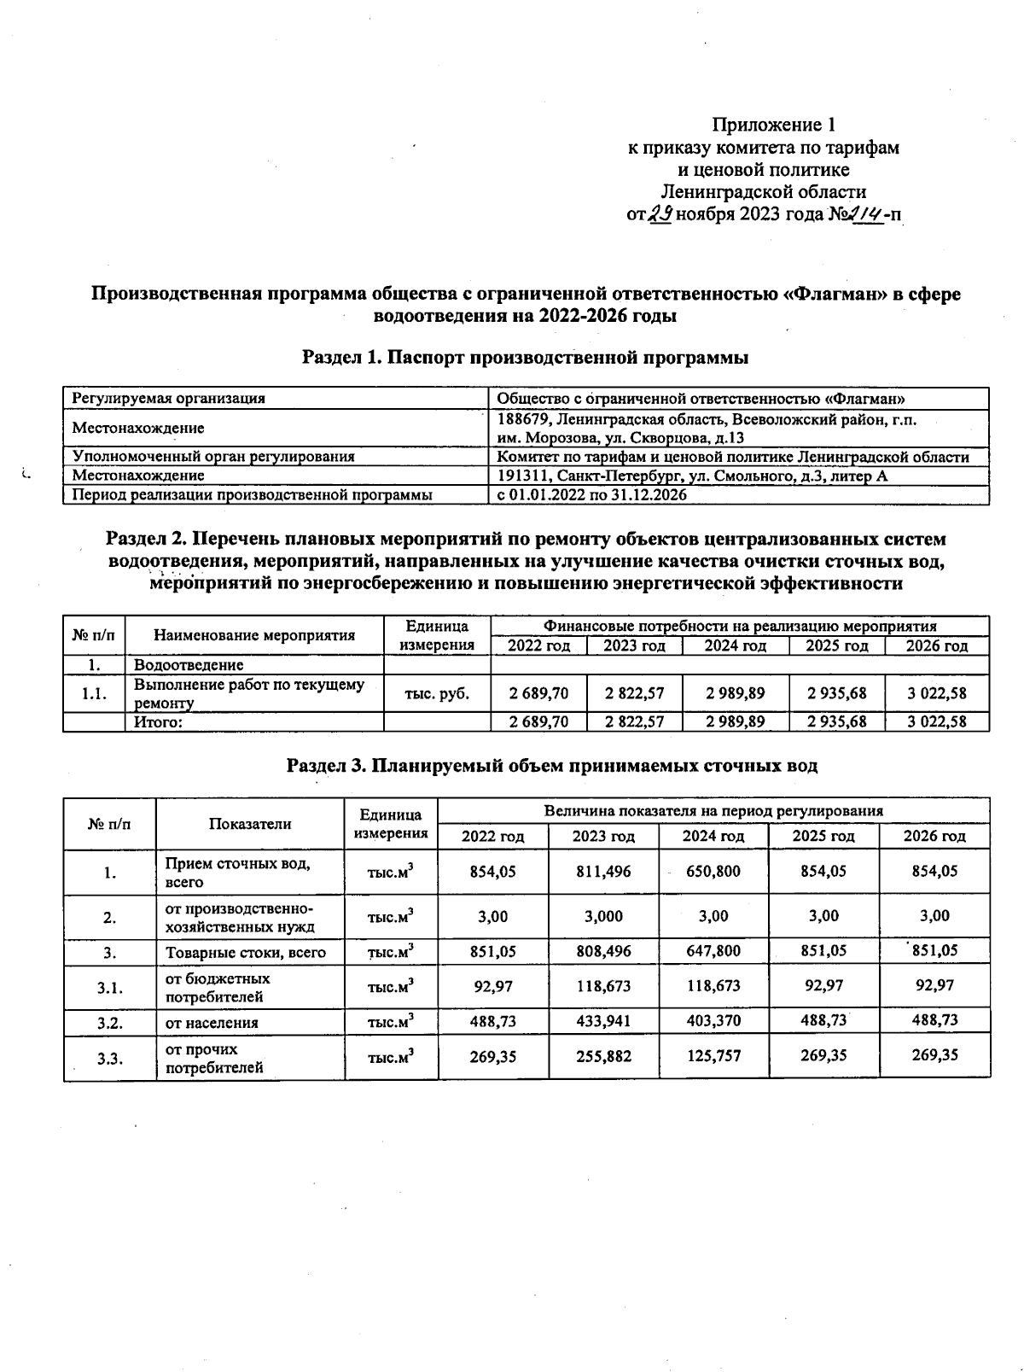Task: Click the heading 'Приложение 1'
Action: pos(773,126)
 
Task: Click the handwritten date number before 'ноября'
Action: pos(660,214)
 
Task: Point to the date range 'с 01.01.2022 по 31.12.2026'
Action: pos(591,494)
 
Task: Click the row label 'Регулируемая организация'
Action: pos(168,398)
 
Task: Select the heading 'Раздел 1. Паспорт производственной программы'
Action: pos(526,358)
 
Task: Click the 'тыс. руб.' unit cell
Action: pos(437,693)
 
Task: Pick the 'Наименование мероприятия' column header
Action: pos(254,635)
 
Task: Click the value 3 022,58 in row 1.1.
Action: pos(936,693)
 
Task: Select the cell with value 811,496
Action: pos(603,872)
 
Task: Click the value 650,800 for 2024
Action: pos(713,872)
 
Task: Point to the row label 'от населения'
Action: pos(212,1023)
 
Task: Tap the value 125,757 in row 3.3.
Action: pos(713,1056)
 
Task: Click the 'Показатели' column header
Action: pos(250,824)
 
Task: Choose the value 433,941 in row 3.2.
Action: pos(603,1021)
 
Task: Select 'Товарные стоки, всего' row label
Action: pos(245,953)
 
